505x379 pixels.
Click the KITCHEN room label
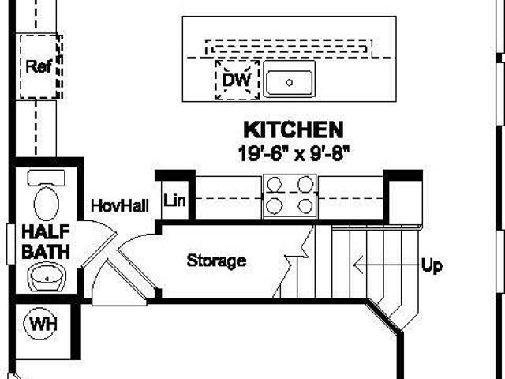click(294, 129)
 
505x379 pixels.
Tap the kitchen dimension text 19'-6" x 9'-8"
click(294, 153)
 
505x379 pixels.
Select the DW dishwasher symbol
click(237, 80)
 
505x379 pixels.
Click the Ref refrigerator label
click(39, 66)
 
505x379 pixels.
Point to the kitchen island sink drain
click(290, 82)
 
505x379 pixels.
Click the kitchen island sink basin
click(290, 83)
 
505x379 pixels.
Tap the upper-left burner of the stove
click(275, 184)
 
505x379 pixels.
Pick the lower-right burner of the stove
click(305, 206)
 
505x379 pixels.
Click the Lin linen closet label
click(174, 201)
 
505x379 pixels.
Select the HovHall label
click(120, 205)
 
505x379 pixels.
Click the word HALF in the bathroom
click(46, 231)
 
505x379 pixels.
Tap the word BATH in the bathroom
click(46, 252)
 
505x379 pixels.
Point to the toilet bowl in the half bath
click(47, 204)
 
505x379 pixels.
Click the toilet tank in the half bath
click(47, 178)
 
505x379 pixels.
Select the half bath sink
click(47, 277)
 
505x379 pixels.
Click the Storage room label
click(216, 261)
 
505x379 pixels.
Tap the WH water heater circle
click(40, 323)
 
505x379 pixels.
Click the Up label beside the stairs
click(432, 266)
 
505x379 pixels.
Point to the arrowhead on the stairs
click(357, 265)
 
